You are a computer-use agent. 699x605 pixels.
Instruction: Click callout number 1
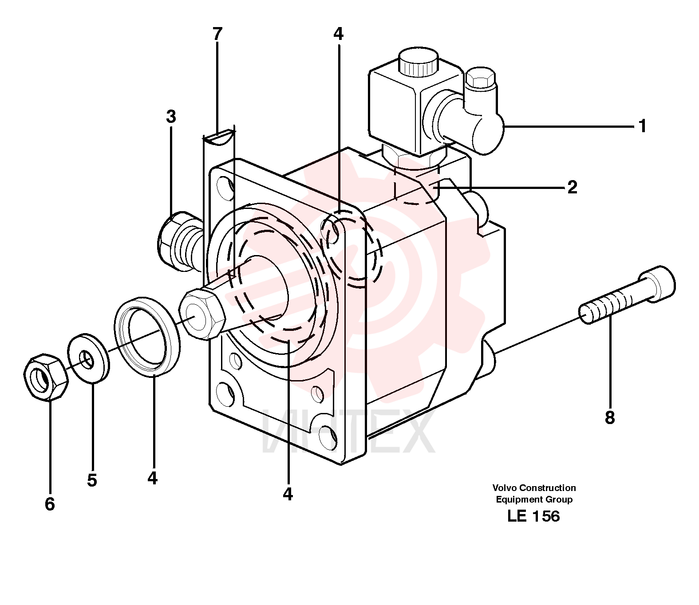(642, 126)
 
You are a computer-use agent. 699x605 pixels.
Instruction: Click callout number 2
(572, 187)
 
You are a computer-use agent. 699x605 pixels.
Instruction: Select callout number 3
(171, 117)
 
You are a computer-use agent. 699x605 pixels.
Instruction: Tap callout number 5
(91, 480)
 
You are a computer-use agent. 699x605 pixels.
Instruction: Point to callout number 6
(49, 504)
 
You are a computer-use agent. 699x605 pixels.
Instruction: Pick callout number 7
(217, 34)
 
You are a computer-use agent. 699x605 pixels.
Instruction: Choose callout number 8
(609, 417)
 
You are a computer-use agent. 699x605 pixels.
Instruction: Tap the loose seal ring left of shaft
(147, 336)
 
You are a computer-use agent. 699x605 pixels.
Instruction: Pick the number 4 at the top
(338, 34)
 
